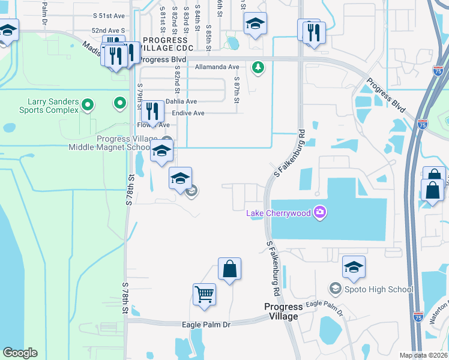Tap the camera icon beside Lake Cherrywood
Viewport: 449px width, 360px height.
[320, 211]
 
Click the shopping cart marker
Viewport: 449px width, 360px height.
[204, 295]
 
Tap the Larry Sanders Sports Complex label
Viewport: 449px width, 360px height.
[53, 106]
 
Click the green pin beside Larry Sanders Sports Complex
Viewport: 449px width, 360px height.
[88, 106]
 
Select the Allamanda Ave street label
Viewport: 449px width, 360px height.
[217, 67]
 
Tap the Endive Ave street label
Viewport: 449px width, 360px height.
[188, 113]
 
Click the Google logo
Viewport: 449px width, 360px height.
[20, 353]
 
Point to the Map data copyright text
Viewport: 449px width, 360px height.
[424, 355]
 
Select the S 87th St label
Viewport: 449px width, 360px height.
[237, 90]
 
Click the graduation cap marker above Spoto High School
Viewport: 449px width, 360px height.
[354, 267]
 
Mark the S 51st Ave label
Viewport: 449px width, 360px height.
[109, 17]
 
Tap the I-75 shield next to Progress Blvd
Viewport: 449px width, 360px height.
[423, 124]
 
